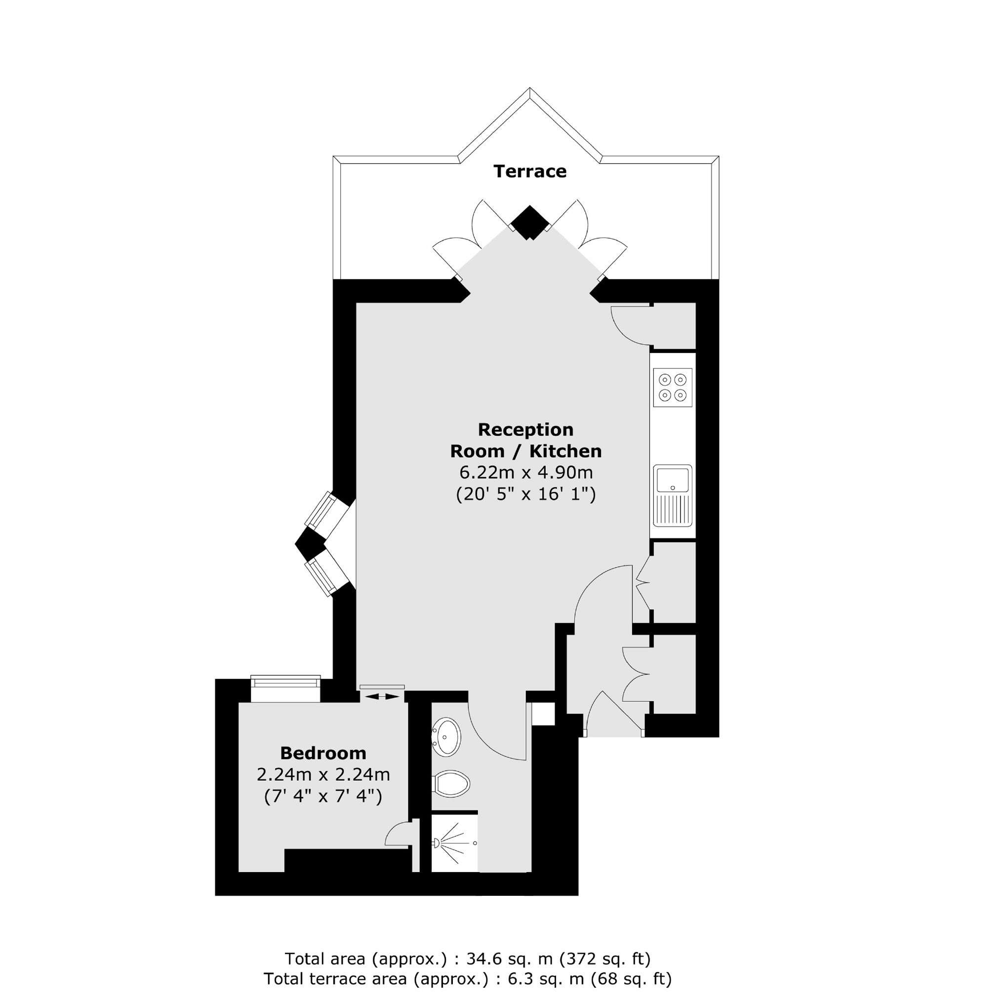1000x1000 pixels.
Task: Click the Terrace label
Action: tap(529, 171)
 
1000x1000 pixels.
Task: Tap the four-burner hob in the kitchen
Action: tap(673, 387)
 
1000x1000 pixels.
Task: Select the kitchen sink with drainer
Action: tap(673, 495)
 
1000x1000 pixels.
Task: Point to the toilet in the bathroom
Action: tap(452, 784)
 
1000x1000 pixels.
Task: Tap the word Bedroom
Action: tap(323, 753)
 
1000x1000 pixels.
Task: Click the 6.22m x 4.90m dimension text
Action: tap(526, 473)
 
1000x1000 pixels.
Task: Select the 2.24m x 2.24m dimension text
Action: tap(323, 775)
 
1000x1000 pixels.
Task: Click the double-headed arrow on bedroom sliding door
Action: tap(382, 697)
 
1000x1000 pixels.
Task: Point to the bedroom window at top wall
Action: tap(285, 688)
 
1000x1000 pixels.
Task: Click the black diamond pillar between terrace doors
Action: tap(528, 223)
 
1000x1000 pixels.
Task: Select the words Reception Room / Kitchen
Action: tap(526, 440)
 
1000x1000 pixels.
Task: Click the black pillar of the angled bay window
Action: tap(310, 544)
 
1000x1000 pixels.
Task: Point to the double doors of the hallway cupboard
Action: tap(636, 675)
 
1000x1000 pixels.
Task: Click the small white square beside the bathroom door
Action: tap(543, 714)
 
